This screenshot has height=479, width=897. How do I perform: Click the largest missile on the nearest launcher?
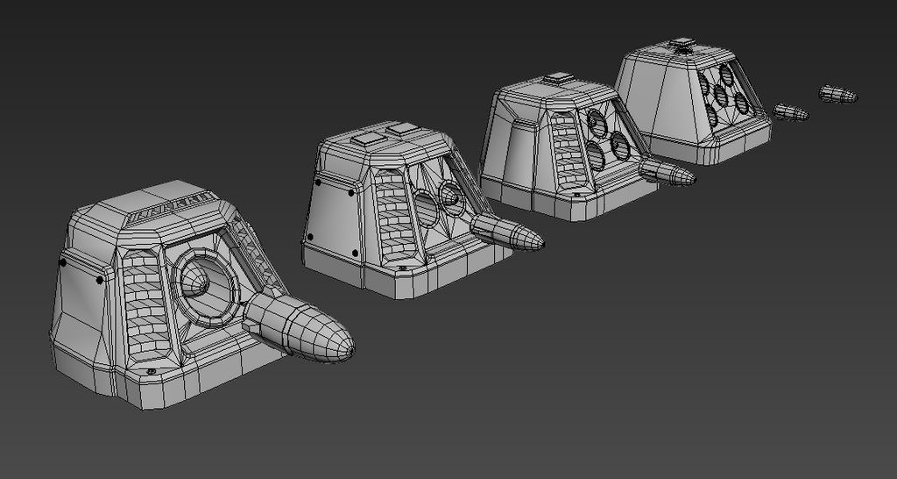click(x=298, y=328)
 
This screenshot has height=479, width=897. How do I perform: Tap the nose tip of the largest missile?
click(x=351, y=349)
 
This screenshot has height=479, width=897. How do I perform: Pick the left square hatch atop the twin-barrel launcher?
click(x=365, y=138)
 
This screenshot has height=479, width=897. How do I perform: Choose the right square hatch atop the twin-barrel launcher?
click(x=403, y=129)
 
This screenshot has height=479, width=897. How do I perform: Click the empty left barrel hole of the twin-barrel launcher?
click(x=426, y=210)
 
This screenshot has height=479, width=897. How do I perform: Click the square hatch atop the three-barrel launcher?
click(x=558, y=79)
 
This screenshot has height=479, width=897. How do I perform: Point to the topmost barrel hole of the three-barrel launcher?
click(x=597, y=120)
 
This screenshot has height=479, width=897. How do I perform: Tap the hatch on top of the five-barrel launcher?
click(x=682, y=43)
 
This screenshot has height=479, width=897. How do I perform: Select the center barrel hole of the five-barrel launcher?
click(x=723, y=95)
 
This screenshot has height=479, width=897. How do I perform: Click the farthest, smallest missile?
click(x=837, y=93)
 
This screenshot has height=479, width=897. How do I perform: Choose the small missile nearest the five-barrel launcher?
click(x=790, y=112)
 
